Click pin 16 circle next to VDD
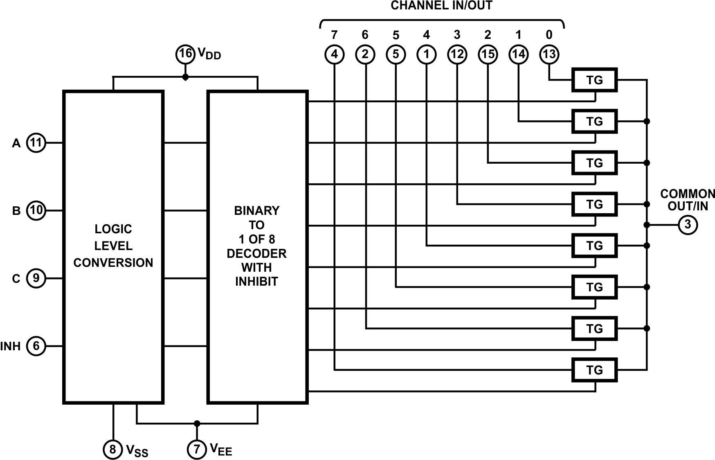(185, 54)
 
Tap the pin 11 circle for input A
(36, 143)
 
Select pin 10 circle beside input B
(36, 210)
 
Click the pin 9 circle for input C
(36, 278)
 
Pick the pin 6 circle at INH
(36, 346)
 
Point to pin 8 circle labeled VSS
(113, 449)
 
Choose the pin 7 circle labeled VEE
(197, 449)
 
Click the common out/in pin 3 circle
(688, 225)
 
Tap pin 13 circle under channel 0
(549, 54)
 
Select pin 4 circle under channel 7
(335, 54)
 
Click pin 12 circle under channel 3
(457, 54)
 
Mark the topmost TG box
(594, 80)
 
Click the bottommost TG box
(594, 370)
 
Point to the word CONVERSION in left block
(113, 263)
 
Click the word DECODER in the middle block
(256, 253)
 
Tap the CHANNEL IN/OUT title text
(441, 6)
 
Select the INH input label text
(11, 347)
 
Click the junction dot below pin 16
(185, 77)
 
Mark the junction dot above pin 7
(197, 423)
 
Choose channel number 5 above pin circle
(396, 35)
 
